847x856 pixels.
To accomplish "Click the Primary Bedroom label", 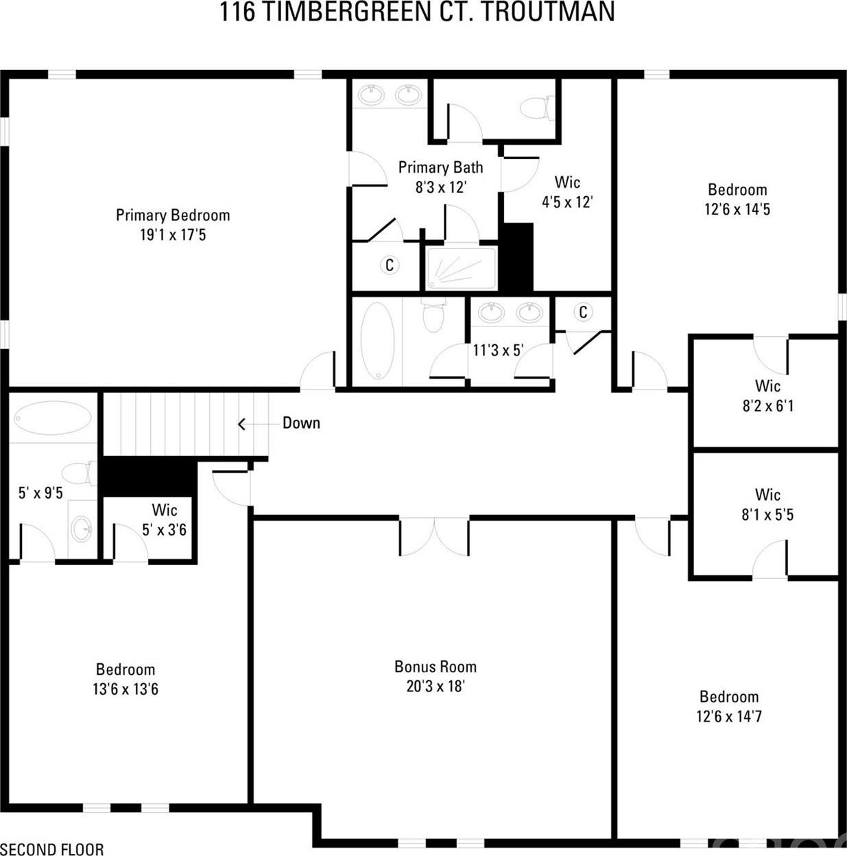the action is pyautogui.click(x=173, y=215).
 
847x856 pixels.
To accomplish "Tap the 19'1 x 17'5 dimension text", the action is pyautogui.click(x=173, y=235).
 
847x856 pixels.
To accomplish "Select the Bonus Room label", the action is pyautogui.click(x=436, y=667).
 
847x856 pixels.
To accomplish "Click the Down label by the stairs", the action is pyautogui.click(x=301, y=423).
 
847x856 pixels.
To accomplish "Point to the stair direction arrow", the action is pyautogui.click(x=260, y=424).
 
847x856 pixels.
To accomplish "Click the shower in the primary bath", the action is pyautogui.click(x=460, y=268).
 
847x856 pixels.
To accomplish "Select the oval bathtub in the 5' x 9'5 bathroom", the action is pyautogui.click(x=53, y=418).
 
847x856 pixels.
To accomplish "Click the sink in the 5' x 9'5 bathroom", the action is pyautogui.click(x=82, y=529).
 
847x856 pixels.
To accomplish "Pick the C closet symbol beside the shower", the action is pyautogui.click(x=390, y=265).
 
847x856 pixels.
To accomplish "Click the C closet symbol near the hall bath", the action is pyautogui.click(x=583, y=312).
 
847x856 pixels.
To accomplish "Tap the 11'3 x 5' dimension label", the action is pyautogui.click(x=499, y=350).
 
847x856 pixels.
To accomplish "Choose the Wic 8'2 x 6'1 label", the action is pyautogui.click(x=767, y=396).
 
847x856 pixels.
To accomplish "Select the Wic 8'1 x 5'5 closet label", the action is pyautogui.click(x=767, y=505).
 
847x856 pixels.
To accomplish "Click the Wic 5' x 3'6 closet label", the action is pyautogui.click(x=165, y=520).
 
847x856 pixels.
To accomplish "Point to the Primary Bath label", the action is pyautogui.click(x=440, y=167).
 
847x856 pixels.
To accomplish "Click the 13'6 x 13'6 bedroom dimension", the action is pyautogui.click(x=126, y=689).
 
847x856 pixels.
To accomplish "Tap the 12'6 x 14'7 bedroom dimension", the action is pyautogui.click(x=729, y=717).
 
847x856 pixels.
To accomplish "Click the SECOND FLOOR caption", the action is pyautogui.click(x=52, y=849).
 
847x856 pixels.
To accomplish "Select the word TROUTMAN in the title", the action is pyautogui.click(x=548, y=12).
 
